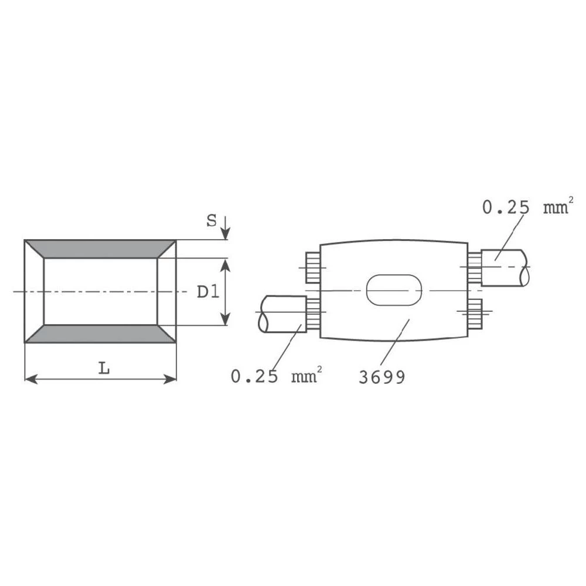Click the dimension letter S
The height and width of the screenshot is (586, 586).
tap(211, 221)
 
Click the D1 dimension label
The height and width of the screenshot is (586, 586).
tap(207, 291)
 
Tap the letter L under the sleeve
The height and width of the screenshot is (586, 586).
tap(104, 369)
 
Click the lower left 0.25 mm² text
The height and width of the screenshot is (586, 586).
tap(276, 376)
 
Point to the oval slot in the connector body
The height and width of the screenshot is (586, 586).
tap(394, 289)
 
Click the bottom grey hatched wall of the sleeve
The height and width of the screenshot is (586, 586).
tap(100, 333)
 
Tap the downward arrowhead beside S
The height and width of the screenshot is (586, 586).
tap(227, 234)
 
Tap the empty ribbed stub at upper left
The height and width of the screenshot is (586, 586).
tap(312, 268)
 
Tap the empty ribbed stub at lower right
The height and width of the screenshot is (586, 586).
tap(475, 312)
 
